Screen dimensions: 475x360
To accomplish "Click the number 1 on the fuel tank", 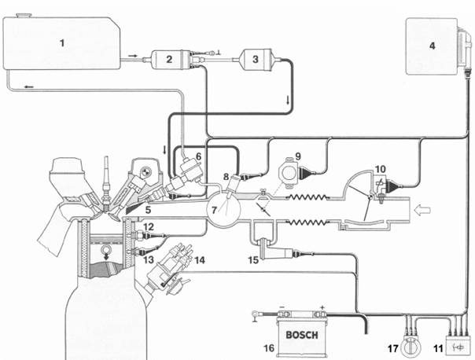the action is pyautogui.click(x=62, y=42).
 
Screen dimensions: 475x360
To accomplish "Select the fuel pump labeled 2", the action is pyautogui.click(x=171, y=59).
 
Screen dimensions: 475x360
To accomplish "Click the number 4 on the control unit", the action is pyautogui.click(x=432, y=46).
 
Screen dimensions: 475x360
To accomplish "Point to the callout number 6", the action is pyautogui.click(x=198, y=156).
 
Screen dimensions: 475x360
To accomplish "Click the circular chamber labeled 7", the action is pyautogui.click(x=223, y=208).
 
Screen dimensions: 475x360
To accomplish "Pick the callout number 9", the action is pyautogui.click(x=298, y=156).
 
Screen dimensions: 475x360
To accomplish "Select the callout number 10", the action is pyautogui.click(x=381, y=169).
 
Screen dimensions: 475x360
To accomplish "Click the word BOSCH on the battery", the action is pyautogui.click(x=302, y=335).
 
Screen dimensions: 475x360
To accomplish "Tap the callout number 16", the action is pyautogui.click(x=269, y=348).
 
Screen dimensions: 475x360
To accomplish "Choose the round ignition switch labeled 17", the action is pyautogui.click(x=411, y=347).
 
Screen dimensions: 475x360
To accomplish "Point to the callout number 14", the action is pyautogui.click(x=200, y=259).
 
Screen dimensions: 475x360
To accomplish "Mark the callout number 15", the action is pyautogui.click(x=253, y=259).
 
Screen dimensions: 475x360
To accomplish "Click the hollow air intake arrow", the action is pyautogui.click(x=422, y=210).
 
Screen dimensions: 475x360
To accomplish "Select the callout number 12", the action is pyautogui.click(x=149, y=227).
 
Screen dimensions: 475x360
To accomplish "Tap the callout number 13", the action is pyautogui.click(x=149, y=259).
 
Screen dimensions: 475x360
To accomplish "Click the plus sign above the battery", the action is pyautogui.click(x=322, y=307).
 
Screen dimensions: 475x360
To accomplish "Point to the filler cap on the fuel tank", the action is pyautogui.click(x=24, y=15).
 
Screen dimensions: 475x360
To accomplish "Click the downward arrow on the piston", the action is pyautogui.click(x=106, y=256).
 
